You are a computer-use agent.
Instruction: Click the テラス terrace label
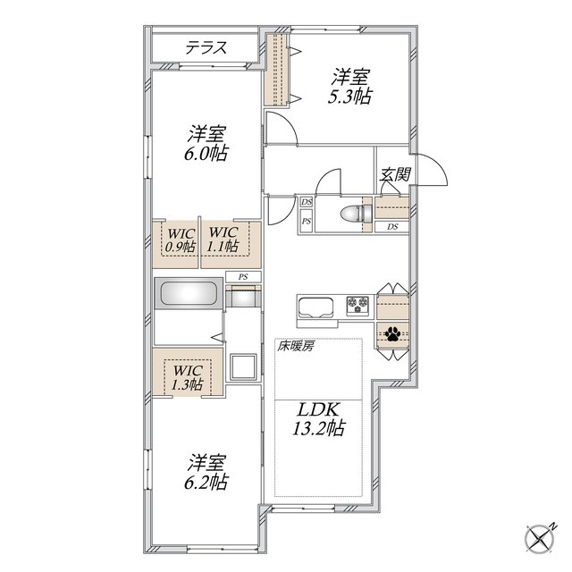[x=206, y=47]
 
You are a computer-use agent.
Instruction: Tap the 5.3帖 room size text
[x=349, y=97]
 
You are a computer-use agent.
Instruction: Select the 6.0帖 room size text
[x=206, y=154]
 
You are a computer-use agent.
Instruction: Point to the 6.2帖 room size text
[x=206, y=482]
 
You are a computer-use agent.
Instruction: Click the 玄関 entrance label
[x=395, y=174]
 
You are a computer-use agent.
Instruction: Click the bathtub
[x=189, y=293]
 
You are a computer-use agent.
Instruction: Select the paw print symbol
[x=392, y=333]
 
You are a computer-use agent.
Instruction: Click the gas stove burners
[x=357, y=305]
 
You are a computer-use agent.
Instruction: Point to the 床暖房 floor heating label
[x=295, y=346]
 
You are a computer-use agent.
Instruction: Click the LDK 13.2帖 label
[x=318, y=418]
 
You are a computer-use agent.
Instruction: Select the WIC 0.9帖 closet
[x=175, y=244]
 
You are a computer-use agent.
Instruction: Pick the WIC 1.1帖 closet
[x=231, y=244]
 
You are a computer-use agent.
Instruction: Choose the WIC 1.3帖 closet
[x=188, y=372]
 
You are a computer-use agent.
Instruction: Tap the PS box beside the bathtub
[x=243, y=276]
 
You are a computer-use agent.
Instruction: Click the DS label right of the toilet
[x=392, y=226]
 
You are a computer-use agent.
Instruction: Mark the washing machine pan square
[x=242, y=366]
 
